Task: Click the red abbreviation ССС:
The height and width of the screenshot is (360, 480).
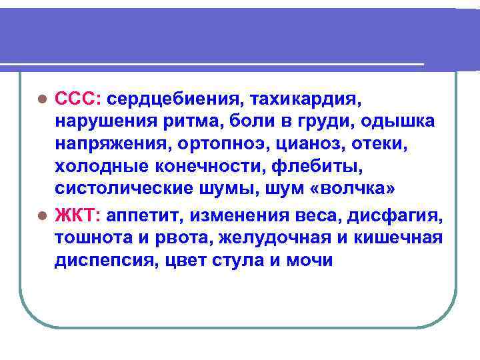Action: [78, 99]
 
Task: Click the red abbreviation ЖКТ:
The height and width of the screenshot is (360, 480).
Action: [77, 216]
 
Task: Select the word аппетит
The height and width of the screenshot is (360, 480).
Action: [143, 216]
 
